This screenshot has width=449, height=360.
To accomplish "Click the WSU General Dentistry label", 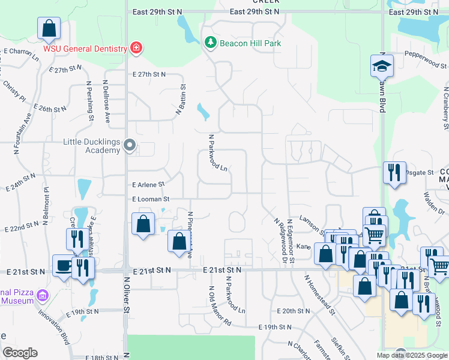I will point(84,48).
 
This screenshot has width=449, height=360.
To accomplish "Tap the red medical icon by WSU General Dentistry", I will point(136,48).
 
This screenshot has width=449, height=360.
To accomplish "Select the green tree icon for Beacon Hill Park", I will point(210,43).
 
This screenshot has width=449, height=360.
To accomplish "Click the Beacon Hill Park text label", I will point(250,43).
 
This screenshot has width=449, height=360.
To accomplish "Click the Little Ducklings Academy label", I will point(92,146).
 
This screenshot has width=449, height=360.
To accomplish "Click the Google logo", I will point(20,353).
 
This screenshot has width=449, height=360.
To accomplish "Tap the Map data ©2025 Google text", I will point(412,355).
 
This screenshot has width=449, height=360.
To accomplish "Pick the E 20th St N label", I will point(294,311).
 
